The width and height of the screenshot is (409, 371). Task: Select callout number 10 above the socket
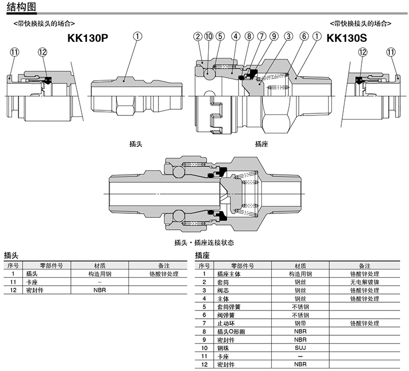click(x=209, y=36)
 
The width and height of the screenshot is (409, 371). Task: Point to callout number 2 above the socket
click(x=198, y=36)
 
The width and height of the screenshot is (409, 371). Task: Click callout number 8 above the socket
click(x=249, y=36)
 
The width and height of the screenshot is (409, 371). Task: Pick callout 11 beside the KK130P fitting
click(x=14, y=52)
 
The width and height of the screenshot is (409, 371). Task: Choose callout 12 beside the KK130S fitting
click(x=362, y=52)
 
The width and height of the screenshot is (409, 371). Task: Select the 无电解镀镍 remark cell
click(x=364, y=282)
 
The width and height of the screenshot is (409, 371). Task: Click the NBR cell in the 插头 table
click(x=99, y=290)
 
